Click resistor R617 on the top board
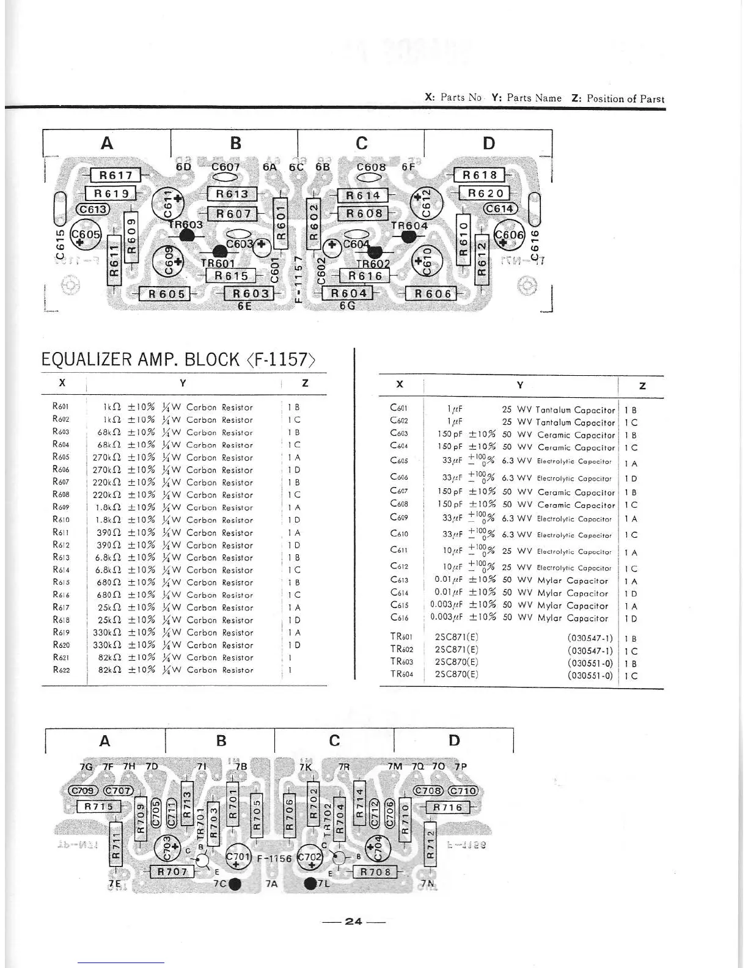(x=116, y=175)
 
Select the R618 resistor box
(x=479, y=175)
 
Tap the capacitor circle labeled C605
(x=84, y=235)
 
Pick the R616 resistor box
(x=365, y=276)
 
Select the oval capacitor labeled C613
(x=92, y=209)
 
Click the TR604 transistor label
(x=409, y=226)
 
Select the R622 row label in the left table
(x=61, y=670)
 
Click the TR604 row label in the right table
(x=402, y=675)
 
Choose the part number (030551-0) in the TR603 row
(x=590, y=663)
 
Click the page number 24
(x=354, y=922)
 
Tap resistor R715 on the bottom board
(x=98, y=807)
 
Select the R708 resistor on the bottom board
(x=375, y=872)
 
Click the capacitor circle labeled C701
(x=238, y=857)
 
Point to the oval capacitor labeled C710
(x=463, y=790)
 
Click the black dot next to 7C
(x=235, y=883)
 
